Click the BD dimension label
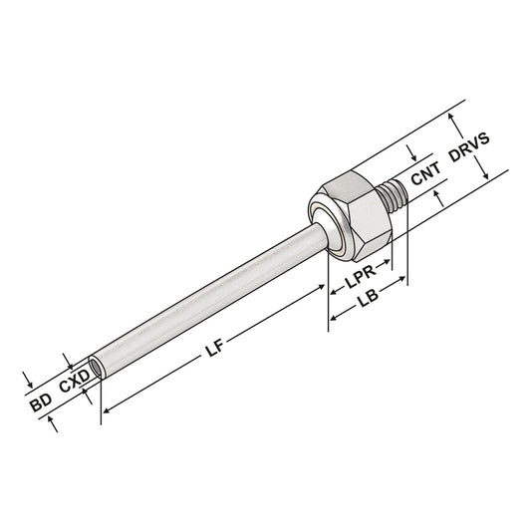(x=40, y=403)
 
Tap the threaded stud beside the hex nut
(x=396, y=189)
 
